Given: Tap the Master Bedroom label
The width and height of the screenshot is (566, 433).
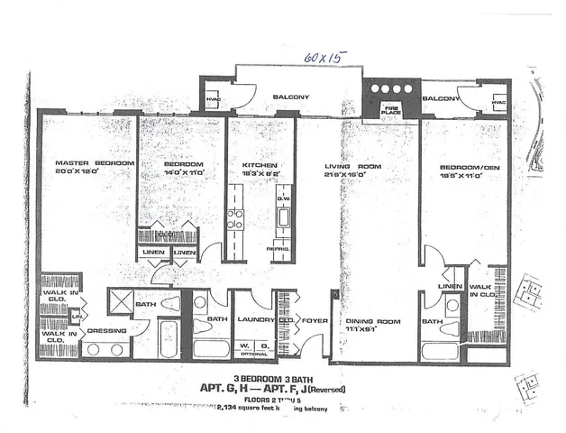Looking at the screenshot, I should pos(83,163).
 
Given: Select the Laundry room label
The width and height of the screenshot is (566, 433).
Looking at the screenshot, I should pos(255,318).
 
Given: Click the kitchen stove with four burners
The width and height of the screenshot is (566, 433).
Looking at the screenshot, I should pos(234,218).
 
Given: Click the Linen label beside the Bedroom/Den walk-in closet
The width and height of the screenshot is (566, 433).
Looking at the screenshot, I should pos(448,286).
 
